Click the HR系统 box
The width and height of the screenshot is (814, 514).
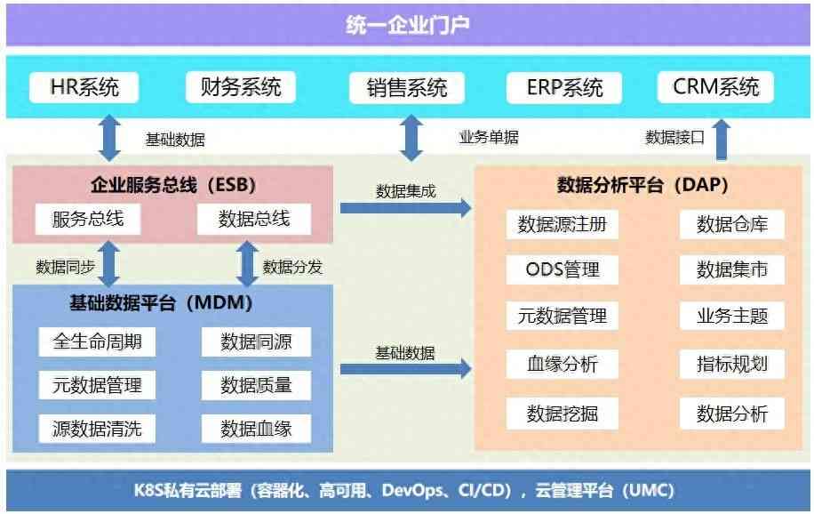click(84, 87)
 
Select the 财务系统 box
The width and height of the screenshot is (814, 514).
click(241, 87)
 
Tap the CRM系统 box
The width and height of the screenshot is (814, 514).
click(715, 87)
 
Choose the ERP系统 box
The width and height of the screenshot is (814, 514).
click(564, 88)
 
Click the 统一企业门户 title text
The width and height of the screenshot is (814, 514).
click(408, 25)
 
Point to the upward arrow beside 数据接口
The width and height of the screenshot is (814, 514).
click(722, 140)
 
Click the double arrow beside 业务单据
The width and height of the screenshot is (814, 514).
click(411, 138)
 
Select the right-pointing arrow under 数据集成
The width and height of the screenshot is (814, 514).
click(405, 208)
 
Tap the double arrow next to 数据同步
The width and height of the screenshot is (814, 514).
click(109, 263)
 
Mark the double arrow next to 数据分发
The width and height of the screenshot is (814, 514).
click(248, 263)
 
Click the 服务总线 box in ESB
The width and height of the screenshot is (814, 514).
click(88, 220)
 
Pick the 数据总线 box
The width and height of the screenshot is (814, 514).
click(254, 220)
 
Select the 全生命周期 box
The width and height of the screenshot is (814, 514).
click(97, 342)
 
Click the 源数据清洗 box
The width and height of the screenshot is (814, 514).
click(97, 429)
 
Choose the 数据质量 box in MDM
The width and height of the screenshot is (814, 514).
click(256, 385)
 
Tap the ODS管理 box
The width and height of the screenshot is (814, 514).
click(563, 269)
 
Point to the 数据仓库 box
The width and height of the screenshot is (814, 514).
click(732, 224)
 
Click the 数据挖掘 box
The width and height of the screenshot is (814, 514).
click(563, 414)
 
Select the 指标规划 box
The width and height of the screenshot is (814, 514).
click(732, 364)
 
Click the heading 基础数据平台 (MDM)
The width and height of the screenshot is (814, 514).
click(161, 303)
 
